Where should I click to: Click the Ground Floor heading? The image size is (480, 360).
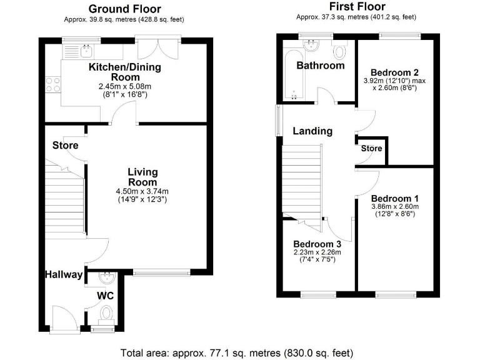(124, 9)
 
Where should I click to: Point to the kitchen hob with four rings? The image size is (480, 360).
(52, 84)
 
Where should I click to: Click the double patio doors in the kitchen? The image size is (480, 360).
(159, 50)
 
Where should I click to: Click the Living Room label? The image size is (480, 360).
(142, 177)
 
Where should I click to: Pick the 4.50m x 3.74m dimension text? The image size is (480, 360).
(142, 191)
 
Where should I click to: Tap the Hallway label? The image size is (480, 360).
(63, 274)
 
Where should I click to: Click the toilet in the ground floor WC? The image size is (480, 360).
(106, 312)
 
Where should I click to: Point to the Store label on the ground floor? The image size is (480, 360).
(65, 146)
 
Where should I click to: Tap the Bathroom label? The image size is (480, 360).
(320, 66)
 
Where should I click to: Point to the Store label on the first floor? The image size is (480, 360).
(371, 149)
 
